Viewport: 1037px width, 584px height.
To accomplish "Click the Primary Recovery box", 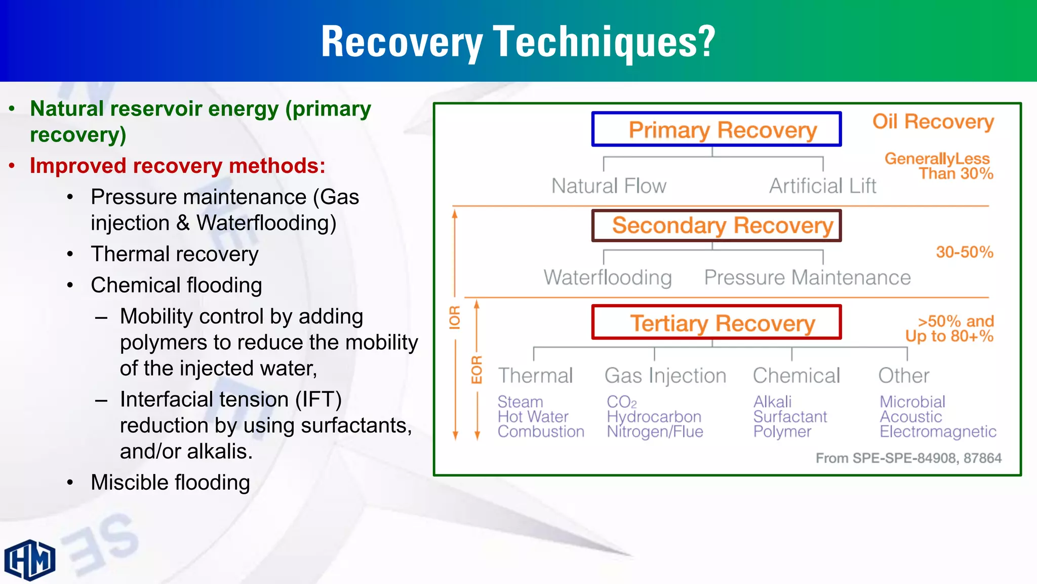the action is click(x=716, y=129).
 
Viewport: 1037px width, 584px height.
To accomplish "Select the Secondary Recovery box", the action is click(x=716, y=226).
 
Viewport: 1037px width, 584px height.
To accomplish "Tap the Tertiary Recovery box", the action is click(x=716, y=322).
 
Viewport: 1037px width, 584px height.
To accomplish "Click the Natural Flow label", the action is click(x=609, y=186).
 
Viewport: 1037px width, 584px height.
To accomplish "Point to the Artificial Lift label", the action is click(x=823, y=186).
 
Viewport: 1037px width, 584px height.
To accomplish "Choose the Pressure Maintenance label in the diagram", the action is click(x=807, y=278).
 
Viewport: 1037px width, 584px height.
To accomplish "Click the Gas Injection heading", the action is click(x=665, y=376).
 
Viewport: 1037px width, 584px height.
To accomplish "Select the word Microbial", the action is click(x=912, y=401).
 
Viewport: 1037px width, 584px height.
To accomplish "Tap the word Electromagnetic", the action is click(x=938, y=431).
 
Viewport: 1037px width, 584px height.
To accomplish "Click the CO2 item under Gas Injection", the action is click(x=621, y=402).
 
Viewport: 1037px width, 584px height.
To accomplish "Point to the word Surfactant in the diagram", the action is click(x=790, y=417).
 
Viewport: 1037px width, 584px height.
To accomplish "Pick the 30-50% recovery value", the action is click(x=964, y=252).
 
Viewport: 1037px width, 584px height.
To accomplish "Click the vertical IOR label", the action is click(x=455, y=317).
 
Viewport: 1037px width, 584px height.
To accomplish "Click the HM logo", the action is click(x=30, y=560).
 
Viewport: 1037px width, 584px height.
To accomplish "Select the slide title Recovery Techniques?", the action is click(x=518, y=42).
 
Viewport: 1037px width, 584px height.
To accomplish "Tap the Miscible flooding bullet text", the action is click(x=170, y=482).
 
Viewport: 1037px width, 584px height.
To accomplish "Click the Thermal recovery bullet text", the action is click(x=174, y=254).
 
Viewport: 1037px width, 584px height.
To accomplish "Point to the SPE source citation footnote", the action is click(x=908, y=458).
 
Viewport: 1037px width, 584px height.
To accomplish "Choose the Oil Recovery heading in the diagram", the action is click(x=933, y=122).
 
